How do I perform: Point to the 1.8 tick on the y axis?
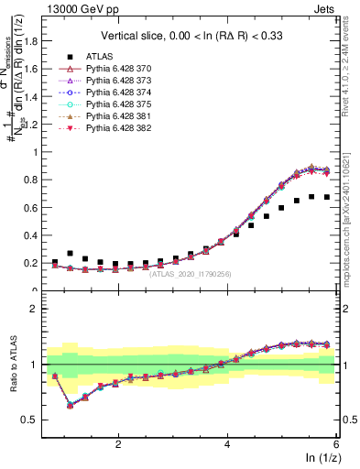(x=37, y=40)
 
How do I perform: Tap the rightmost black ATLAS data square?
(x=326, y=197)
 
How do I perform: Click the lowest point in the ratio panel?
(x=70, y=405)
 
